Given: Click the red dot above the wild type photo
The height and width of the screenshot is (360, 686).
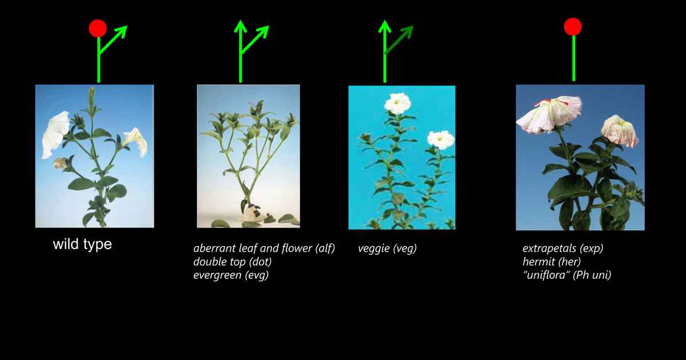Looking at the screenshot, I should pyautogui.click(x=98, y=28).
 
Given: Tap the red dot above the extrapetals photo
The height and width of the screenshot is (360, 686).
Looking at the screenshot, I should pyautogui.click(x=573, y=26).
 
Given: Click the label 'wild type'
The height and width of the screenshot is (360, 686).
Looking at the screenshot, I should pyautogui.click(x=82, y=245).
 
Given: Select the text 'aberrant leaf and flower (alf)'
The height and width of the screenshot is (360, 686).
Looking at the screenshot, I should pyautogui.click(x=264, y=249).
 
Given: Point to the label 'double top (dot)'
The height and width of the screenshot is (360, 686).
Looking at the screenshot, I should pyautogui.click(x=232, y=262).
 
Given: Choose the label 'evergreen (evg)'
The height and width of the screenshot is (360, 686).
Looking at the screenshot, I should pyautogui.click(x=231, y=275).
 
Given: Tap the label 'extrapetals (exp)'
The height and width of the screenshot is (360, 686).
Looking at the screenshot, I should pyautogui.click(x=563, y=249).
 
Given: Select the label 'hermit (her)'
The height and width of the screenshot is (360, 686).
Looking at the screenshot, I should pyautogui.click(x=552, y=262).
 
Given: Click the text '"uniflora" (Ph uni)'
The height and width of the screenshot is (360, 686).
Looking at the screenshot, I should pyautogui.click(x=567, y=275).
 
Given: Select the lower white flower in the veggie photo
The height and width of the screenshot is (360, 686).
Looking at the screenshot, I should pyautogui.click(x=440, y=139).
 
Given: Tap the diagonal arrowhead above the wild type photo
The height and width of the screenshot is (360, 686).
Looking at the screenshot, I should pyautogui.click(x=122, y=31).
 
